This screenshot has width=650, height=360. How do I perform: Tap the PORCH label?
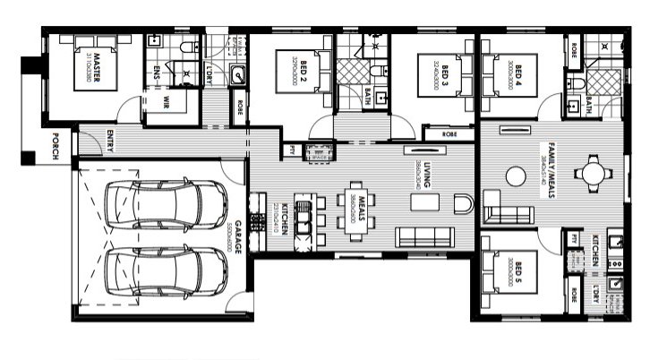56,144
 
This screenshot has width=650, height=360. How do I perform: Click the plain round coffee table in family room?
517,176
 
